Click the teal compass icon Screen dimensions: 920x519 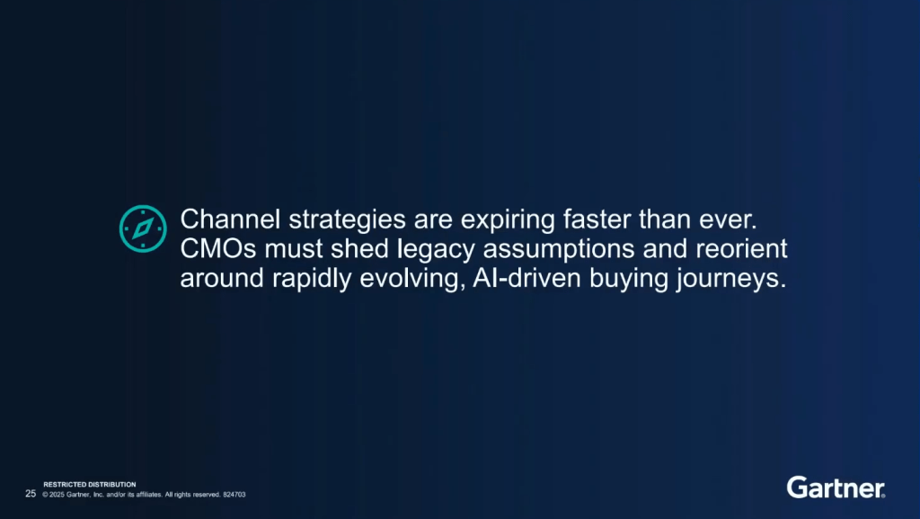pyautogui.click(x=143, y=228)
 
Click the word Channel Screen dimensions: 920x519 pyautogui.click(x=230, y=219)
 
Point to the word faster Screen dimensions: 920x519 pyautogui.click(x=597, y=219)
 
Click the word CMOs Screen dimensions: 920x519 pyautogui.click(x=218, y=249)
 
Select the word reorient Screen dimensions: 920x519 pyautogui.click(x=741, y=249)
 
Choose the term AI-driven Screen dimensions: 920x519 pyautogui.click(x=526, y=278)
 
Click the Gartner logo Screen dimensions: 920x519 pyautogui.click(x=836, y=488)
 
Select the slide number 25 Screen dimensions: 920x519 pyautogui.click(x=31, y=494)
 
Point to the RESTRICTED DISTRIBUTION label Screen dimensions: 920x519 pyautogui.click(x=90, y=484)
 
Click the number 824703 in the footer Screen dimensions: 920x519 pyautogui.click(x=234, y=495)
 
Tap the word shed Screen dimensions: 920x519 pyautogui.click(x=359, y=249)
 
